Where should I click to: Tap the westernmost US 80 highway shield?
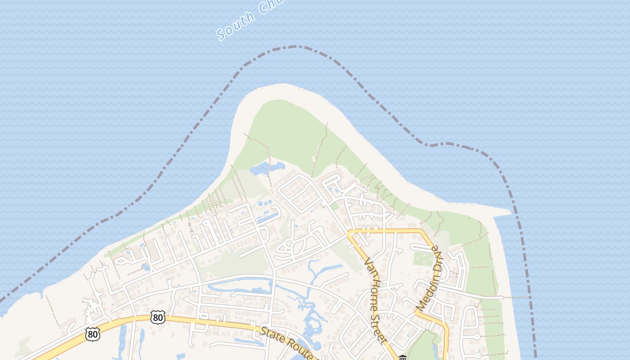click(x=92, y=334)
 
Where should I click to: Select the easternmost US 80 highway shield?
click(x=158, y=317)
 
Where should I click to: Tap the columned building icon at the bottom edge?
click(x=402, y=358)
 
